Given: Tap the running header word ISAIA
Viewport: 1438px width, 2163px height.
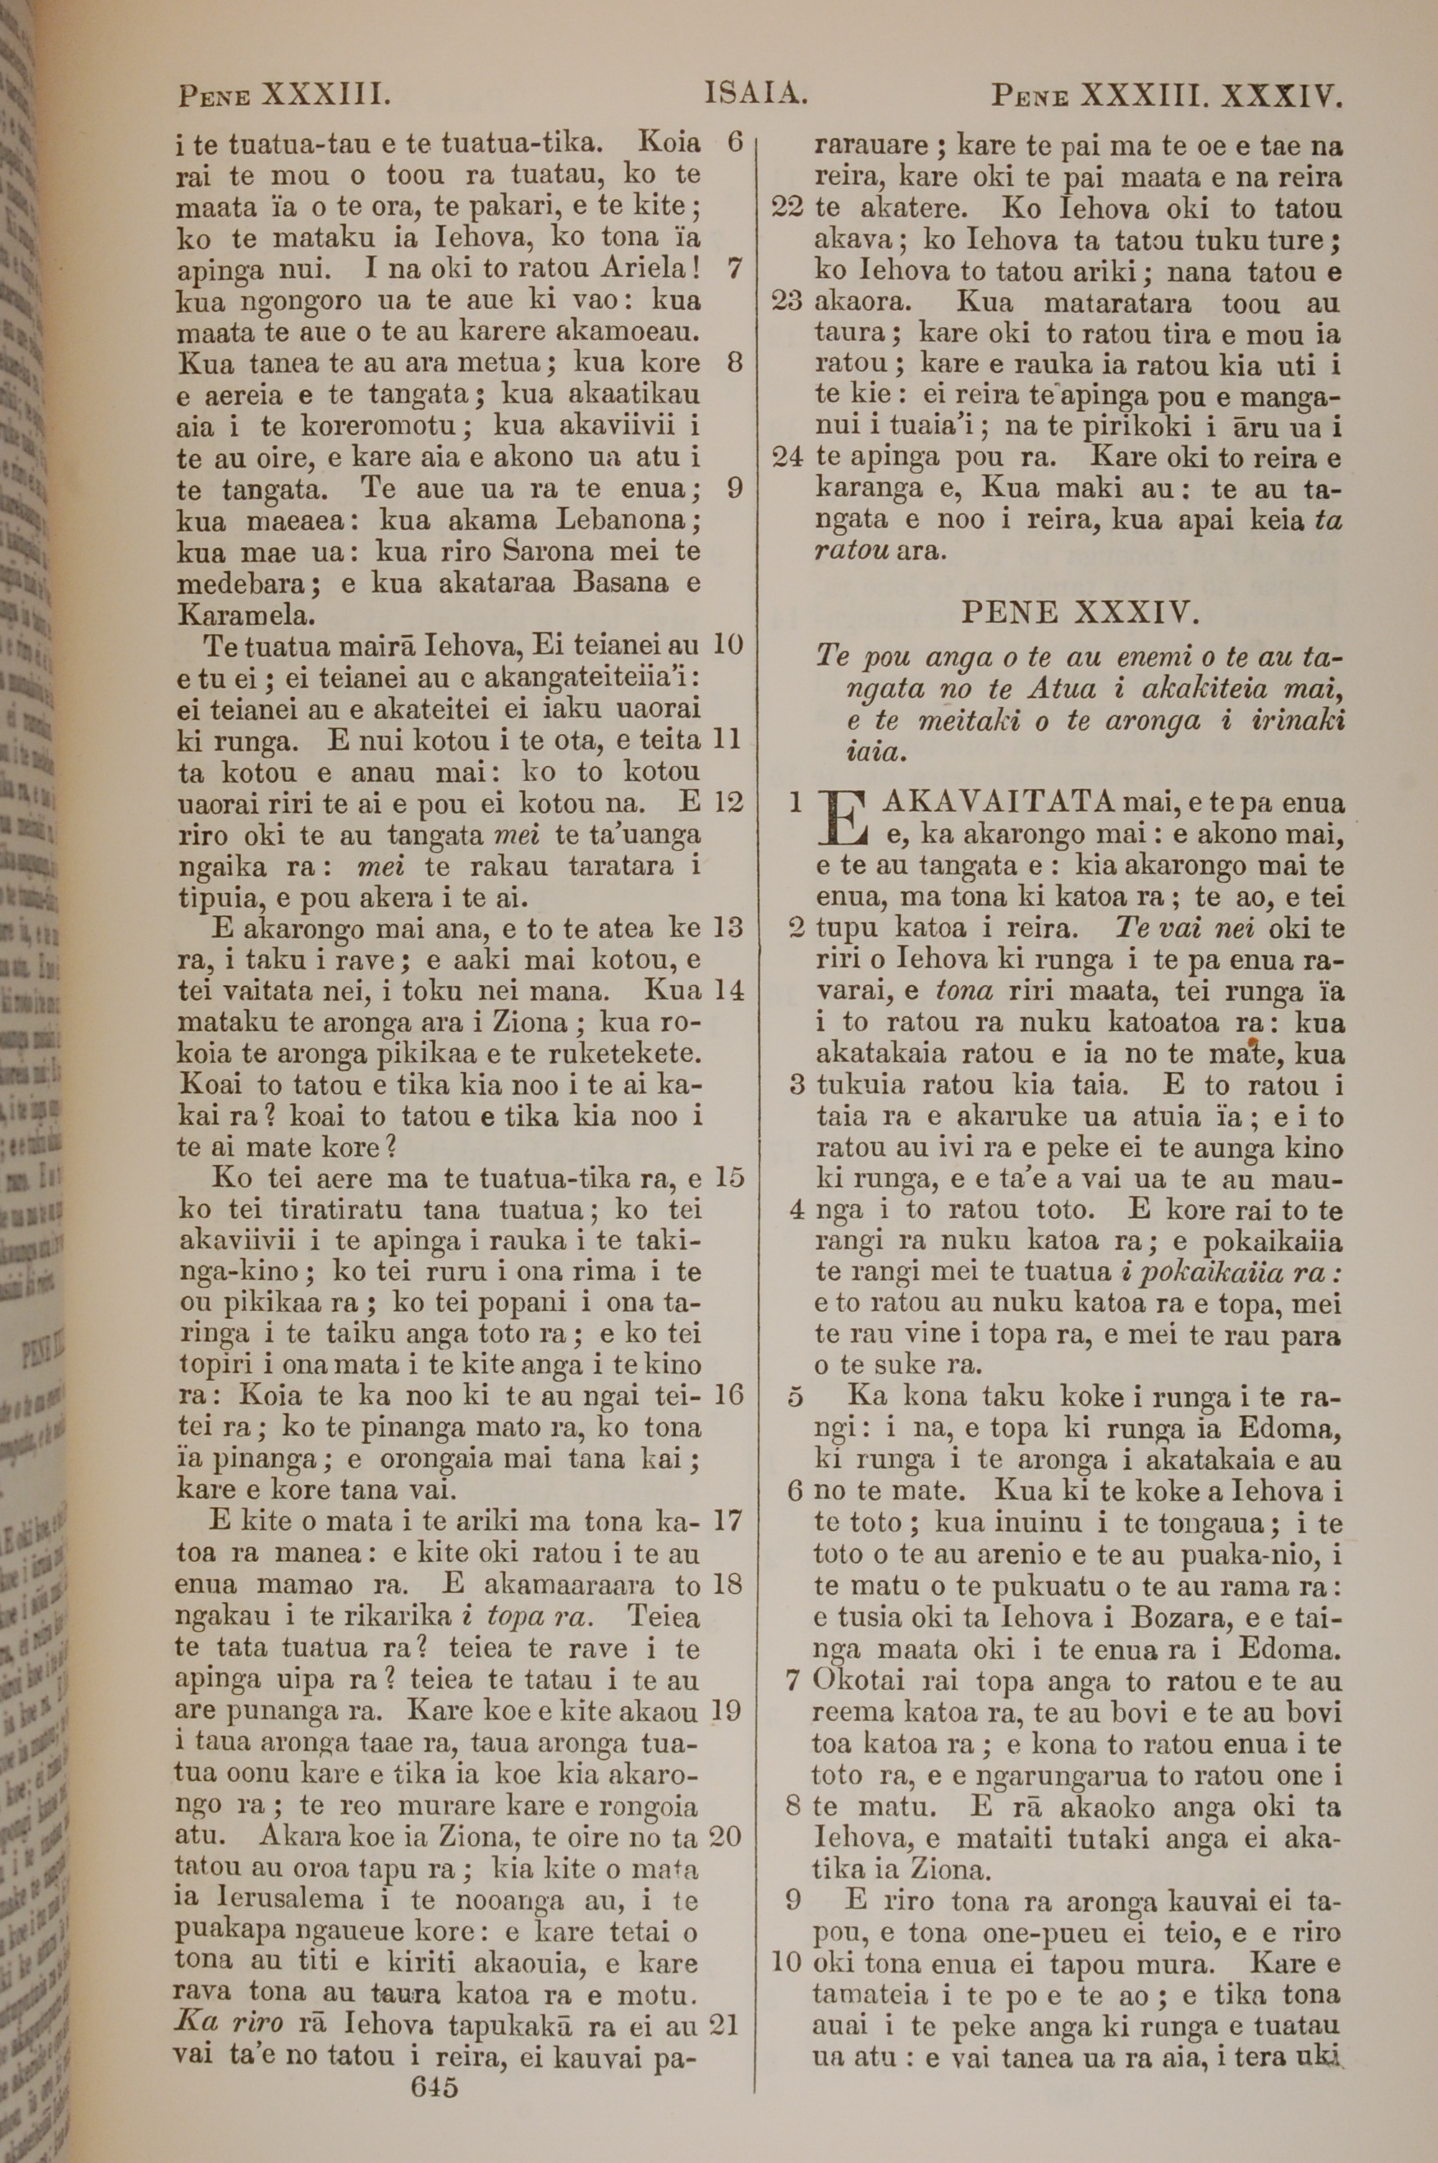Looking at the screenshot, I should coord(755,94).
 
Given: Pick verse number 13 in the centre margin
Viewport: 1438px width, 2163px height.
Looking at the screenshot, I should coord(727,928).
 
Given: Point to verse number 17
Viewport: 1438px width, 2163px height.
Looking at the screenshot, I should coord(727,1520).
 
